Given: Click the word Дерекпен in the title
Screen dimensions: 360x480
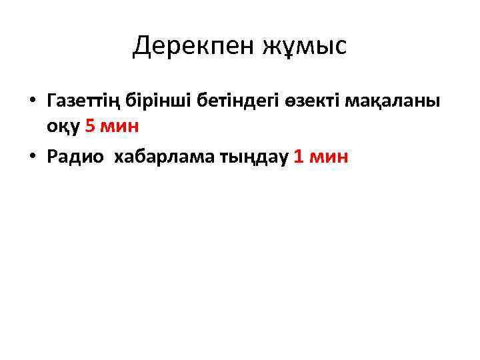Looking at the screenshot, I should tap(187, 46).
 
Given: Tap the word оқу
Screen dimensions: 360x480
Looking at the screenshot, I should tap(63, 128).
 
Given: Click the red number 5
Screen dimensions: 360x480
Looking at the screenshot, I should tap(91, 127).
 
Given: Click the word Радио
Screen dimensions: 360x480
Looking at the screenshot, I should tap(75, 156).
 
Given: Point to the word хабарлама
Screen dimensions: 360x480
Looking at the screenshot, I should tap(169, 156).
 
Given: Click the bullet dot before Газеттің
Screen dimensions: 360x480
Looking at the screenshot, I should tap(31, 101).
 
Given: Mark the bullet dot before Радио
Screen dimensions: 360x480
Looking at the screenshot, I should tap(31, 157).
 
